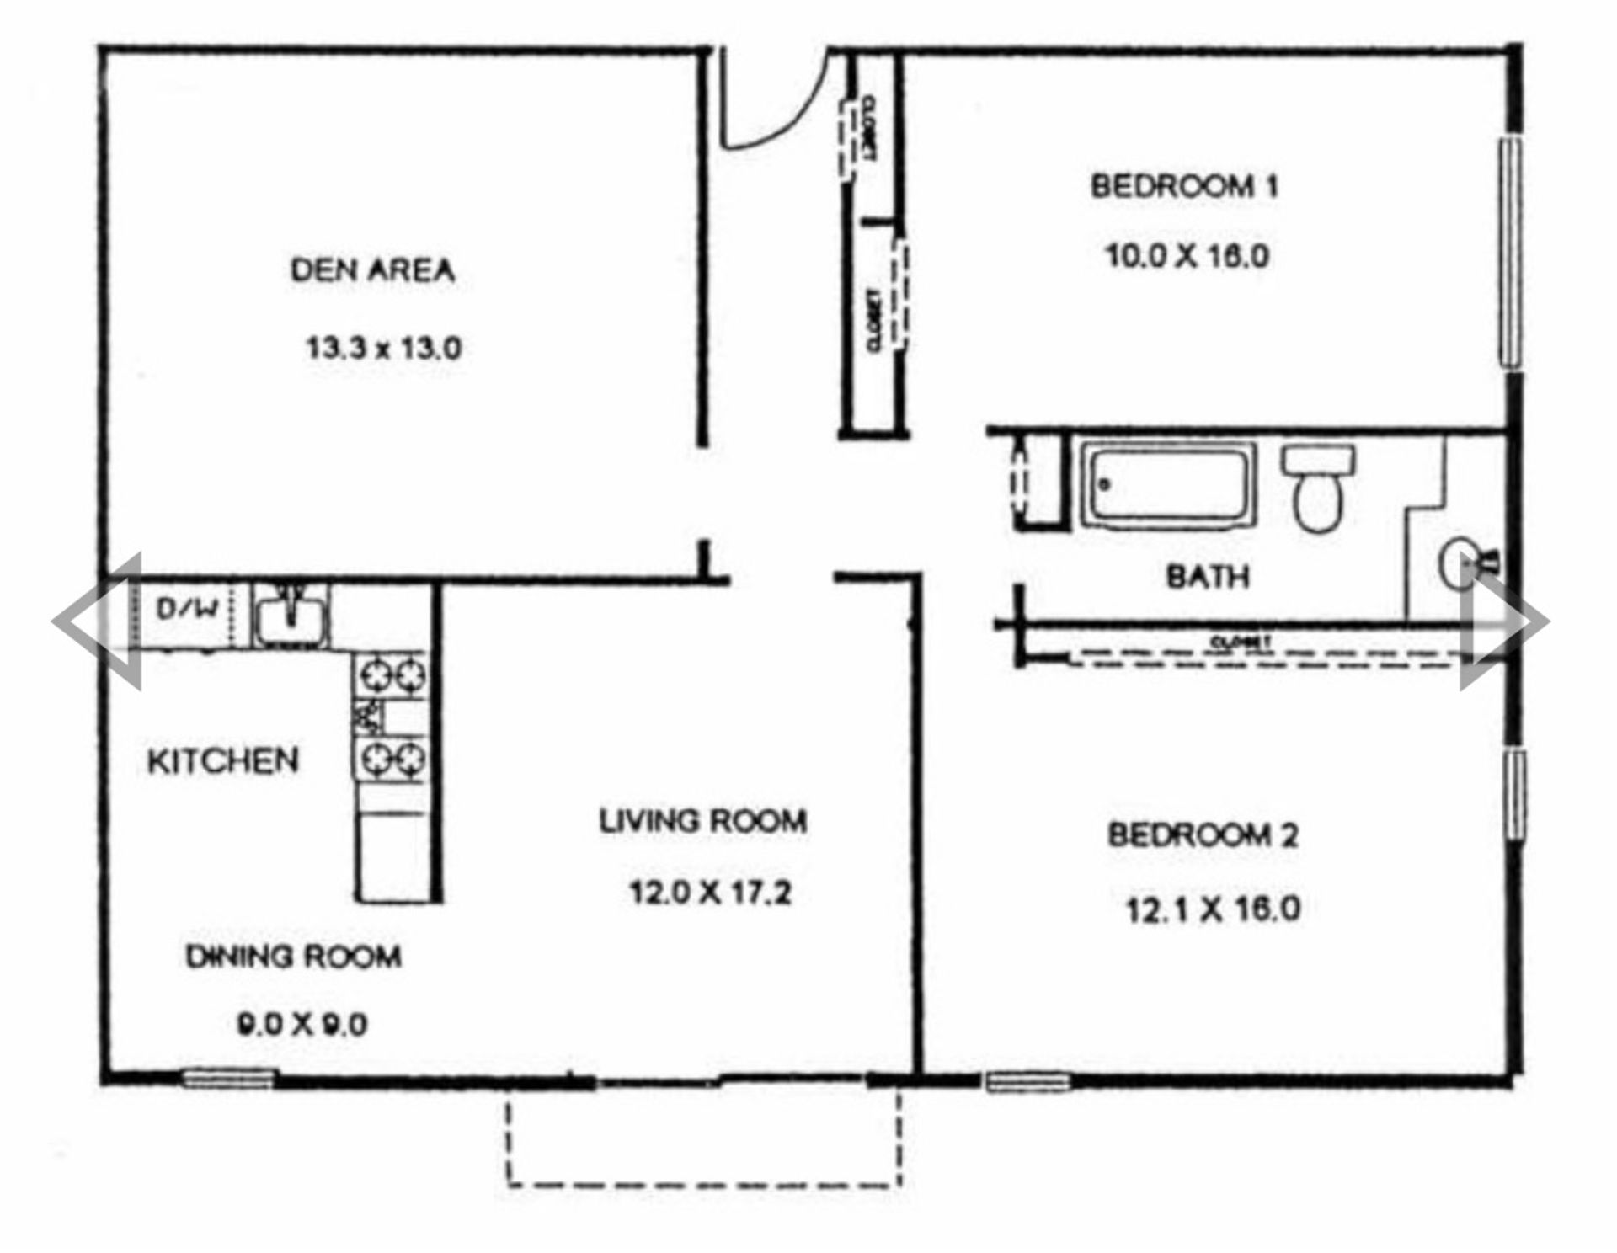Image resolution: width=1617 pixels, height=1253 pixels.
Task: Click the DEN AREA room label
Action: coord(372,270)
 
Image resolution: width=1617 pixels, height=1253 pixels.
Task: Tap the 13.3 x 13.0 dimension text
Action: coord(383,347)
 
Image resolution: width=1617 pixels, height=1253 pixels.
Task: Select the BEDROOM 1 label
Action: coord(1184,186)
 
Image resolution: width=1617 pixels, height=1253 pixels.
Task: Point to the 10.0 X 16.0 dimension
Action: coord(1187,255)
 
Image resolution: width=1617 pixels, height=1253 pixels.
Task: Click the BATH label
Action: coord(1207,577)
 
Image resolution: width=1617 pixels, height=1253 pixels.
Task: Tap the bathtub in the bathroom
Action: coord(1167,486)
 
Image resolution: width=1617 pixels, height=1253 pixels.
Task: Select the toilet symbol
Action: coord(1318,488)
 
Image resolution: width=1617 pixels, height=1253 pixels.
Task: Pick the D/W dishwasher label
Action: coord(187,608)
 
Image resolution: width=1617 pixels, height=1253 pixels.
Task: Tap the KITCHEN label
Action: coord(223,761)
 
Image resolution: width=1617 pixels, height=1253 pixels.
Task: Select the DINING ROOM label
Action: coord(293,957)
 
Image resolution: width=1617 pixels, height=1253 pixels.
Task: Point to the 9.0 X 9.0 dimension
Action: coord(302,1025)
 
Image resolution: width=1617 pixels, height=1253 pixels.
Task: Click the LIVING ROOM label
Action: coord(702,821)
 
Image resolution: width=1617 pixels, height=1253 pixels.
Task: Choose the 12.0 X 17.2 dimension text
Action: coord(710,892)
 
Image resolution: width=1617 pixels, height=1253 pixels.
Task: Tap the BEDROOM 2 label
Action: coord(1202,835)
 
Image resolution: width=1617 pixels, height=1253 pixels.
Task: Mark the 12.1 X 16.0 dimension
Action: coord(1213,909)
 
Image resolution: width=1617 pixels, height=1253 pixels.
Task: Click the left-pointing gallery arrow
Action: coord(97,621)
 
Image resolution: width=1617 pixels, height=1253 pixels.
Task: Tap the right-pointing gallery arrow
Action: coord(1504,621)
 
